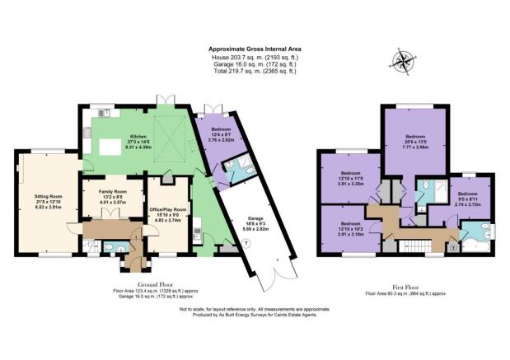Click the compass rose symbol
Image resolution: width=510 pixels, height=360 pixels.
(x=403, y=61)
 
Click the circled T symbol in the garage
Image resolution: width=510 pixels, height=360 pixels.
(x=245, y=242)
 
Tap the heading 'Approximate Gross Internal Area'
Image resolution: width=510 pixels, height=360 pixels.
(x=253, y=49)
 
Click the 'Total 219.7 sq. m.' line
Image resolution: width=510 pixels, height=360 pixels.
(x=253, y=72)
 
